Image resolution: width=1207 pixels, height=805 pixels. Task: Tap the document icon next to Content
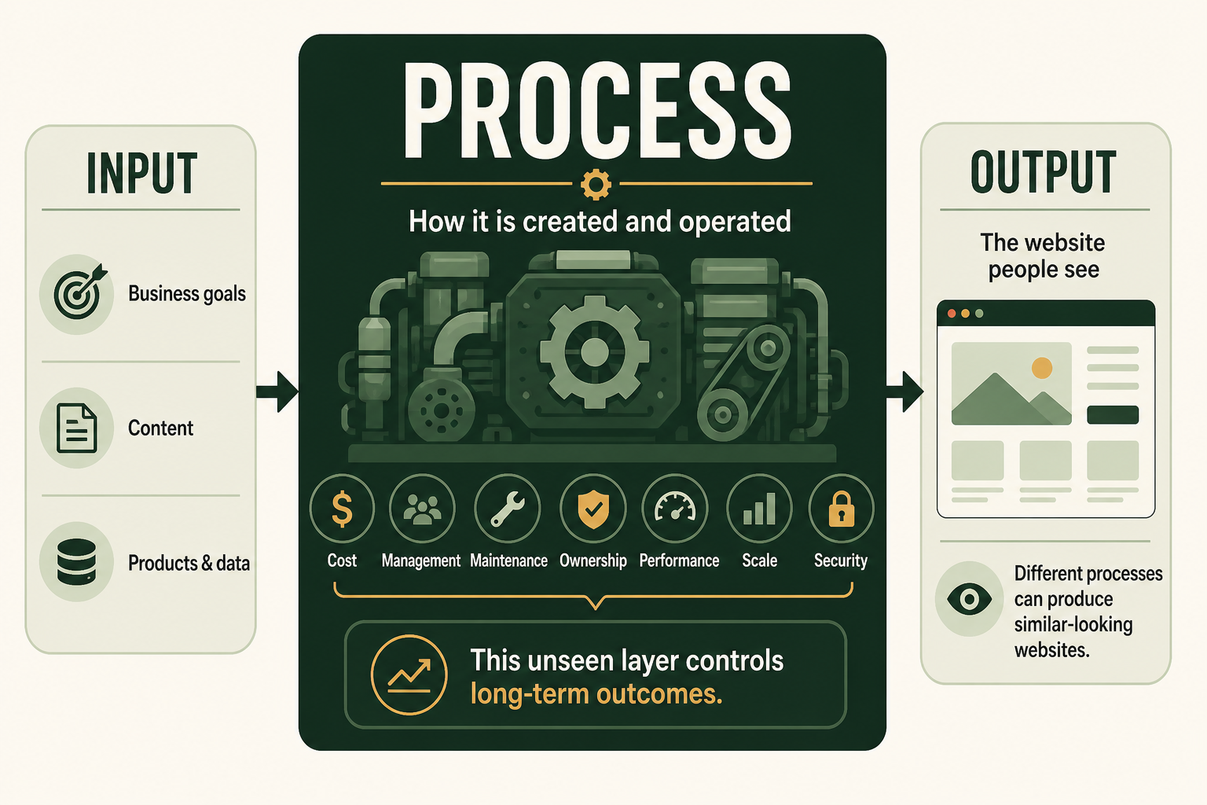[x=76, y=428]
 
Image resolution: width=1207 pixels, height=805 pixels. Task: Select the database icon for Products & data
[x=76, y=561]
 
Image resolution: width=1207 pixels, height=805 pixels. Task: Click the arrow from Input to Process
[x=277, y=391]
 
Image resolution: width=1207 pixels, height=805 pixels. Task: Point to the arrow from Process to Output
[x=904, y=391]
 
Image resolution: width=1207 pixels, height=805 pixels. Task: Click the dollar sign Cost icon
[x=342, y=509]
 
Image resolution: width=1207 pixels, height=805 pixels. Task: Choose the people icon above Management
[x=422, y=509]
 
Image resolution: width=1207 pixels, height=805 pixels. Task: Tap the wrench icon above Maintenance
[x=507, y=509]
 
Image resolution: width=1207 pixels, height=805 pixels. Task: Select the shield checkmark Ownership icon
[x=593, y=509]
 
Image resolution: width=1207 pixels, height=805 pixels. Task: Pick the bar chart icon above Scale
[x=759, y=509]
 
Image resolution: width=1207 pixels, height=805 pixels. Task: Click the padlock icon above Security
[x=841, y=509]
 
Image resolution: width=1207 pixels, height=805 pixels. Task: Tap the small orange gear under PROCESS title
[x=596, y=185]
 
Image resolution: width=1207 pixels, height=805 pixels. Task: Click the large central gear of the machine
[x=594, y=351]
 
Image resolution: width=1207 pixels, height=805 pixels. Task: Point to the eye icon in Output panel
[x=969, y=598]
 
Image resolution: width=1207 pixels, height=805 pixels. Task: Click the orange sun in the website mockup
[x=1041, y=368]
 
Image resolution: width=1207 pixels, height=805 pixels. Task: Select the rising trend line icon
[x=409, y=675]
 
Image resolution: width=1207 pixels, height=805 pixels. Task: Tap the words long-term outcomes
[x=596, y=694]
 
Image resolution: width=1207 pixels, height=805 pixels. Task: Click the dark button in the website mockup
[x=1113, y=415]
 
